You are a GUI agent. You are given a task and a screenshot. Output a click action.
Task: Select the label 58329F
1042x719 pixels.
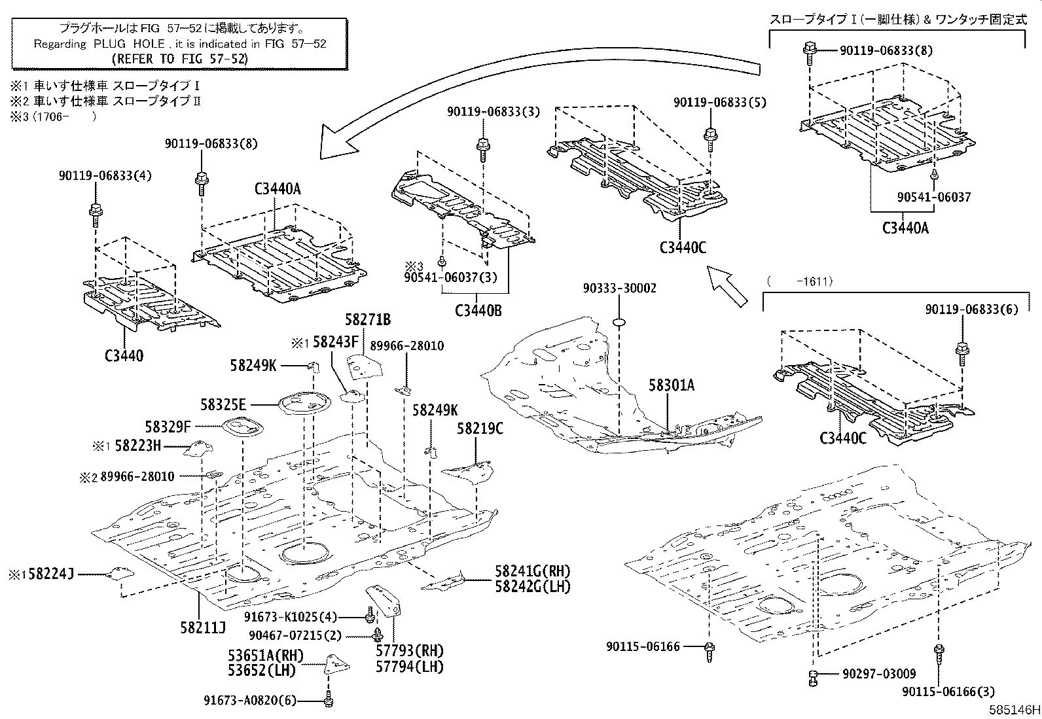click(x=168, y=427)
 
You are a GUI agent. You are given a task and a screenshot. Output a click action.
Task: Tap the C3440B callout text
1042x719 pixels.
click(x=478, y=311)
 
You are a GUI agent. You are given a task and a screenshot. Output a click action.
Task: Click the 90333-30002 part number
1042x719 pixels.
click(x=619, y=289)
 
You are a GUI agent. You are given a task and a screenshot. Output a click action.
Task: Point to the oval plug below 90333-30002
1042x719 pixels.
click(x=620, y=321)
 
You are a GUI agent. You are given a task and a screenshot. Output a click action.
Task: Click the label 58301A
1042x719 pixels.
click(x=672, y=385)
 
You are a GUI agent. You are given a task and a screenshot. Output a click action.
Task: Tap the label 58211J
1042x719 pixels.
click(x=203, y=628)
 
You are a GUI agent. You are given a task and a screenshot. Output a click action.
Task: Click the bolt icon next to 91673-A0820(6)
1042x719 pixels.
click(x=329, y=701)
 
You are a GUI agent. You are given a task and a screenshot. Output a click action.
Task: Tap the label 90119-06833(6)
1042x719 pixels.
click(x=971, y=309)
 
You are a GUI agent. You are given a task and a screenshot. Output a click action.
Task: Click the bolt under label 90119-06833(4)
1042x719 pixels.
click(x=95, y=212)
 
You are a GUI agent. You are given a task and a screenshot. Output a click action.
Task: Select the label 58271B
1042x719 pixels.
click(x=368, y=319)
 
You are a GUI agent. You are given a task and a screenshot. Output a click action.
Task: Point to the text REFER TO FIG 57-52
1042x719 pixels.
click(x=180, y=58)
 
